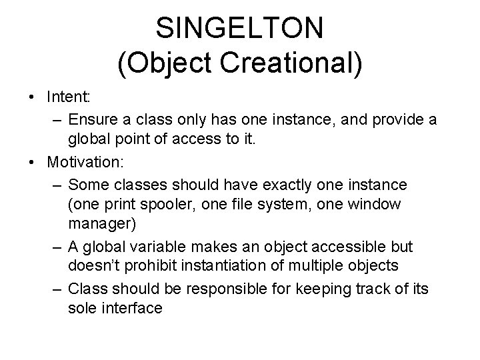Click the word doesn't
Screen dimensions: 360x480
tap(93, 266)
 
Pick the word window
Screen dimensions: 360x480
tap(377, 204)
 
